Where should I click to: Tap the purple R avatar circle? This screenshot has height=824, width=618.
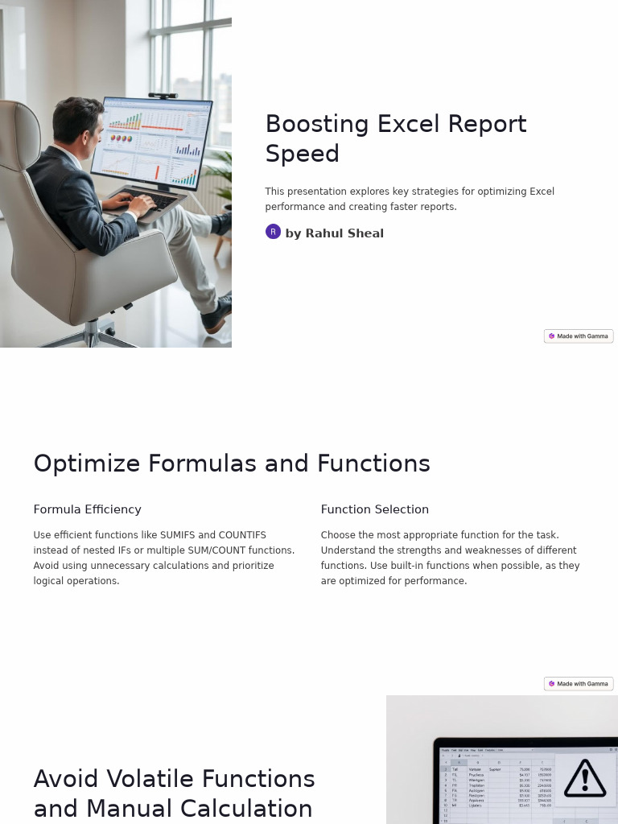click(x=273, y=232)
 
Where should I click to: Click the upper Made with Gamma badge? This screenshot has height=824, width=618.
click(x=579, y=336)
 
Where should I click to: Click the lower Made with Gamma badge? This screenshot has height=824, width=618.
click(x=579, y=684)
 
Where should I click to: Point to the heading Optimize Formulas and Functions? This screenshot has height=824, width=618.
click(x=232, y=463)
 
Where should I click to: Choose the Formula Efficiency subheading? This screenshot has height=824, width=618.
click(x=87, y=509)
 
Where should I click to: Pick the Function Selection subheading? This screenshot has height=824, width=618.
click(x=374, y=509)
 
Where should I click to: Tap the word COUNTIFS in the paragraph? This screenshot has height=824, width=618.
click(x=242, y=535)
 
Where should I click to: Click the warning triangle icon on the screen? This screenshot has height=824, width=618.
click(x=585, y=778)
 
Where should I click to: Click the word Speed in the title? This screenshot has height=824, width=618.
click(x=302, y=154)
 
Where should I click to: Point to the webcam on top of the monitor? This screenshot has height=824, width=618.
click(x=163, y=95)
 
